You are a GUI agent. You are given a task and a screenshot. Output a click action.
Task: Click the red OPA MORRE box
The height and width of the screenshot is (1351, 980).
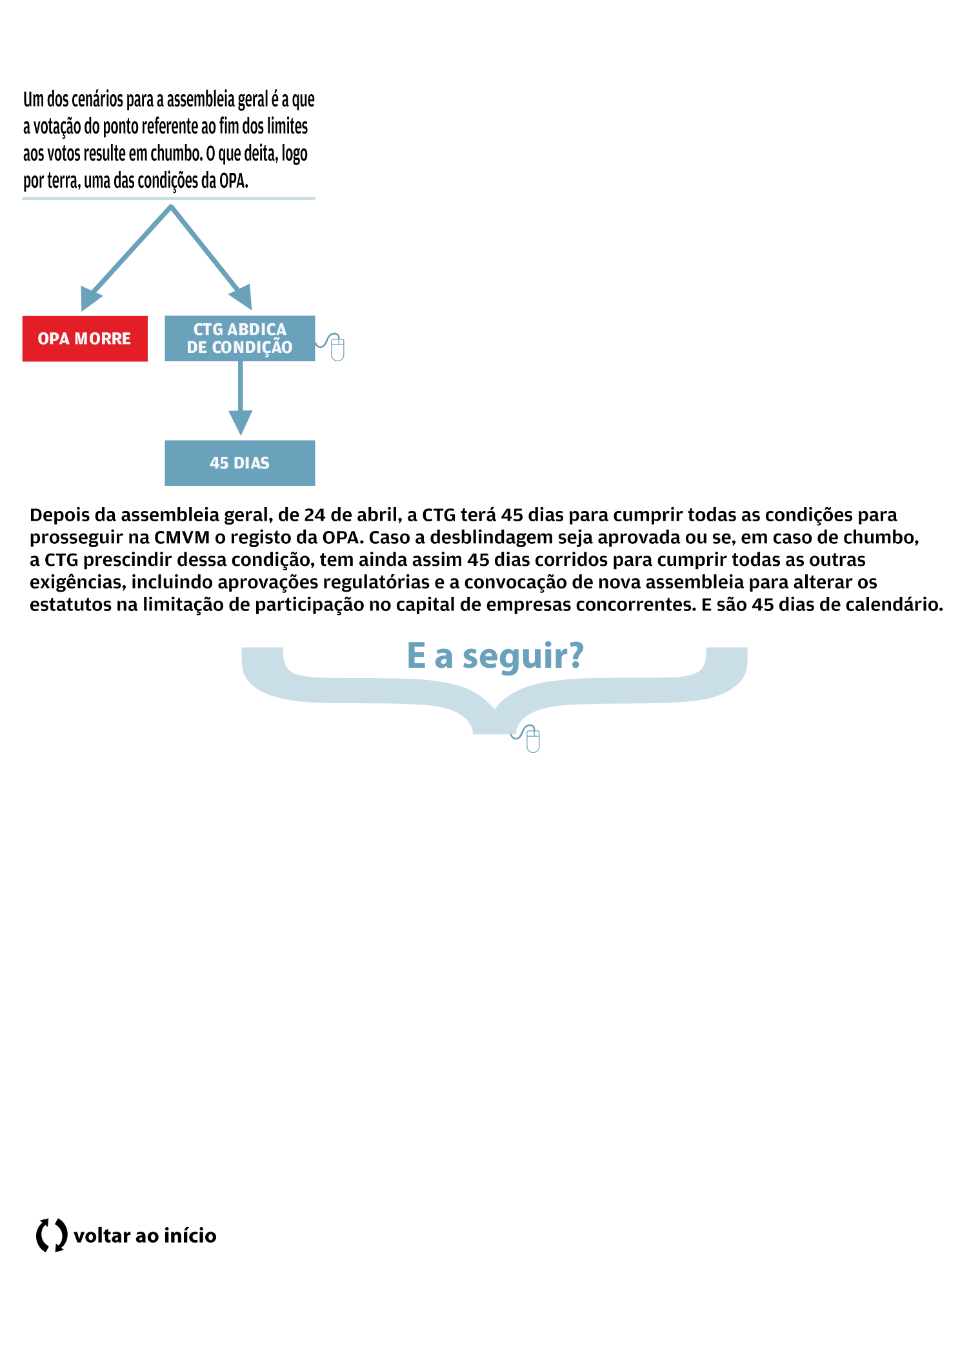(85, 339)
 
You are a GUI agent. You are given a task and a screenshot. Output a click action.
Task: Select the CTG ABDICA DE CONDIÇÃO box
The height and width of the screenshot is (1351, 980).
(240, 339)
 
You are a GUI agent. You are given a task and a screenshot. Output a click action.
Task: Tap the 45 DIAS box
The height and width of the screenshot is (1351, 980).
(240, 463)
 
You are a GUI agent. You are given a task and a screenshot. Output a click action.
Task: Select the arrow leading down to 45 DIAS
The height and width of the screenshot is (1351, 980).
(241, 397)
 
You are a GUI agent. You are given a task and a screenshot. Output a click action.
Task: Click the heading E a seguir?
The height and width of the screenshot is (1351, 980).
(495, 655)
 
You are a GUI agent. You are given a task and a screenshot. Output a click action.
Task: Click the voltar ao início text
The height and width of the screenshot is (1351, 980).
(145, 1236)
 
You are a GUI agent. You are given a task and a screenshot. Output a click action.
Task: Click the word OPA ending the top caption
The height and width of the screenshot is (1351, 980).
(232, 181)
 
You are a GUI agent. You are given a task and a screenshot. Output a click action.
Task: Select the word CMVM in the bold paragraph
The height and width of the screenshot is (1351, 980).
(182, 537)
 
